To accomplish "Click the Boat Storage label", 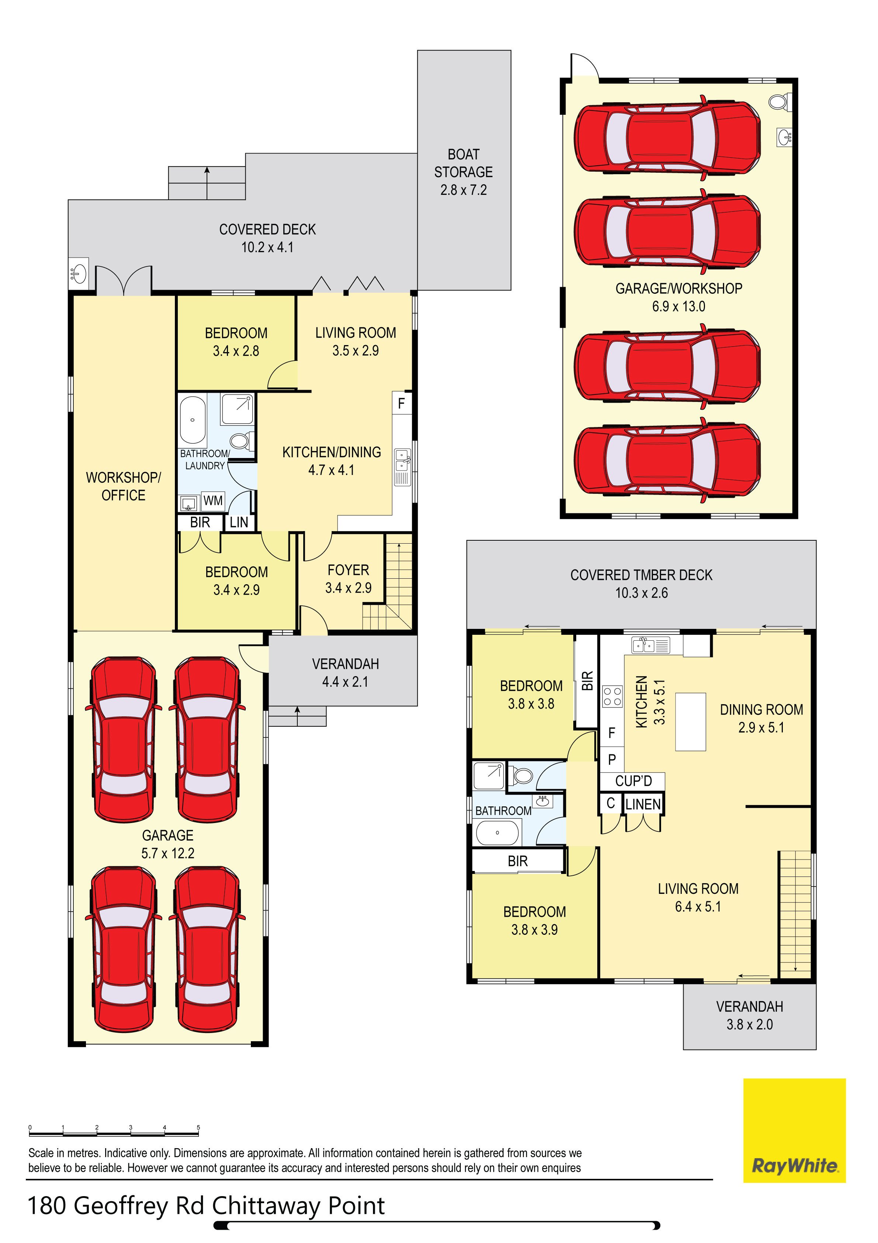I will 463,172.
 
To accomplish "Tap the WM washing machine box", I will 213,501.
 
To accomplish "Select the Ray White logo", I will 794,1130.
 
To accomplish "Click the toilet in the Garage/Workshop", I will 780,101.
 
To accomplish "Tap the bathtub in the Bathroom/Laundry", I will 192,420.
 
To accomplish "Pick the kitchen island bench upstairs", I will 690,722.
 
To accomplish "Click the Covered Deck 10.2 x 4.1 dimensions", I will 267,247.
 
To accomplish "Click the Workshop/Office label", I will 124,486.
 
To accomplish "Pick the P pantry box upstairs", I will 612,759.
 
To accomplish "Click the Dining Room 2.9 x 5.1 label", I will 761,719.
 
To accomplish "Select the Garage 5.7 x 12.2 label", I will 168,844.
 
